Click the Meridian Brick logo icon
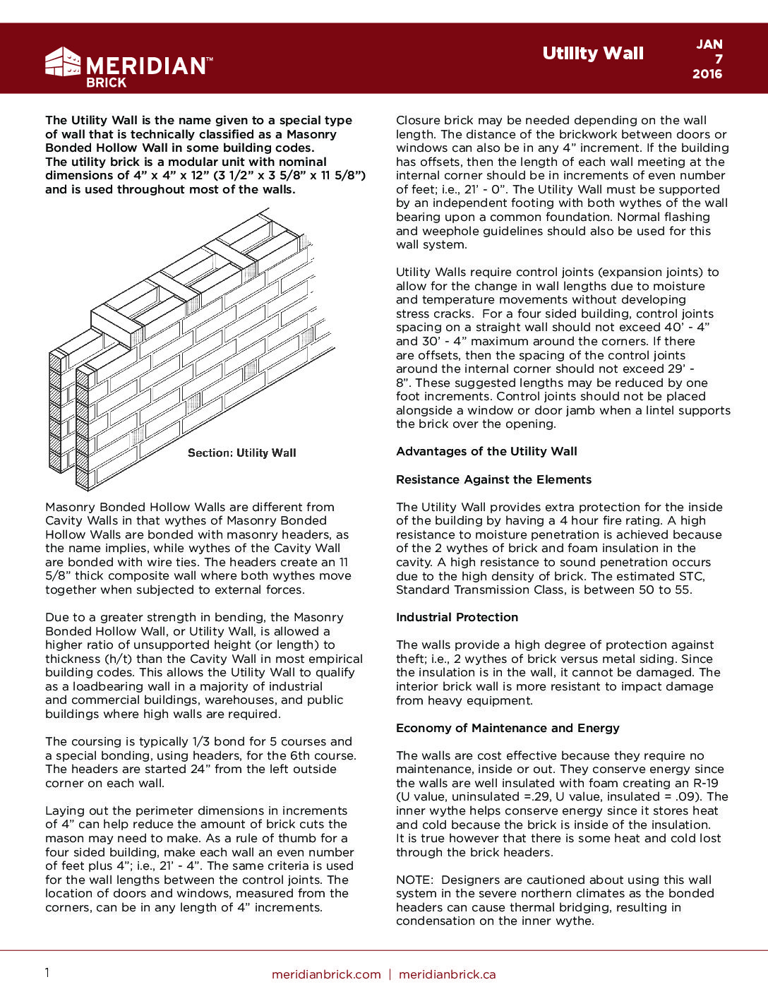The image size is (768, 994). tap(63, 62)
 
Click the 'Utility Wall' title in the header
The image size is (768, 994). tap(593, 54)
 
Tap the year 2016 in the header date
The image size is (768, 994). tap(707, 74)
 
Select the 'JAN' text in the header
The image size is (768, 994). tap(709, 44)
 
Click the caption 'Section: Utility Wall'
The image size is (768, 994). tap(242, 453)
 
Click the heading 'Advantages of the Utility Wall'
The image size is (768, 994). tap(486, 452)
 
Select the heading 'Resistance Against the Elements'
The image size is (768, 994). tap(493, 480)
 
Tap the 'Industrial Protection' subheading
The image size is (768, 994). tap(457, 618)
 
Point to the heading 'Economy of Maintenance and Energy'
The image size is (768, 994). tap(508, 729)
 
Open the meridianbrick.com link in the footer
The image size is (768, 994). tap(326, 975)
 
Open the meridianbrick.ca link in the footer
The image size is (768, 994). tap(448, 975)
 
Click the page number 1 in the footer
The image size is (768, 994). tap(47, 974)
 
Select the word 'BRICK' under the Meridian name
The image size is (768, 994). tap(106, 83)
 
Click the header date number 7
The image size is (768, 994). tap(719, 59)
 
